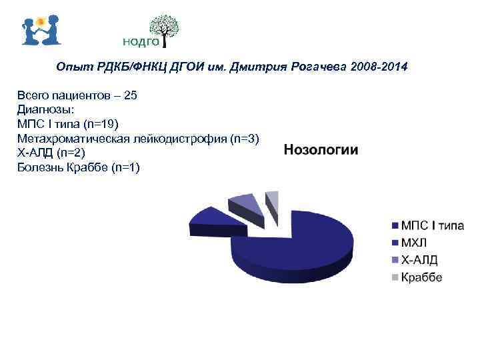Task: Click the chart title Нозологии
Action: (321, 150)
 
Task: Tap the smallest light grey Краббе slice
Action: (271, 199)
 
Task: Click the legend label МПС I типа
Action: (431, 226)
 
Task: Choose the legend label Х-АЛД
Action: (419, 260)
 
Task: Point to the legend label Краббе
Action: (421, 277)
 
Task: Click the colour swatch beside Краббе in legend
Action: (394, 277)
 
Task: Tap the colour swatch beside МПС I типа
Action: (394, 226)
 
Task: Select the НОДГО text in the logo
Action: (141, 42)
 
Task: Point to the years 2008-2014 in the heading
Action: (379, 68)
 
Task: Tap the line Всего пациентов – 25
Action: (77, 95)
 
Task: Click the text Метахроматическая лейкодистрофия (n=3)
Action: (138, 139)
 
